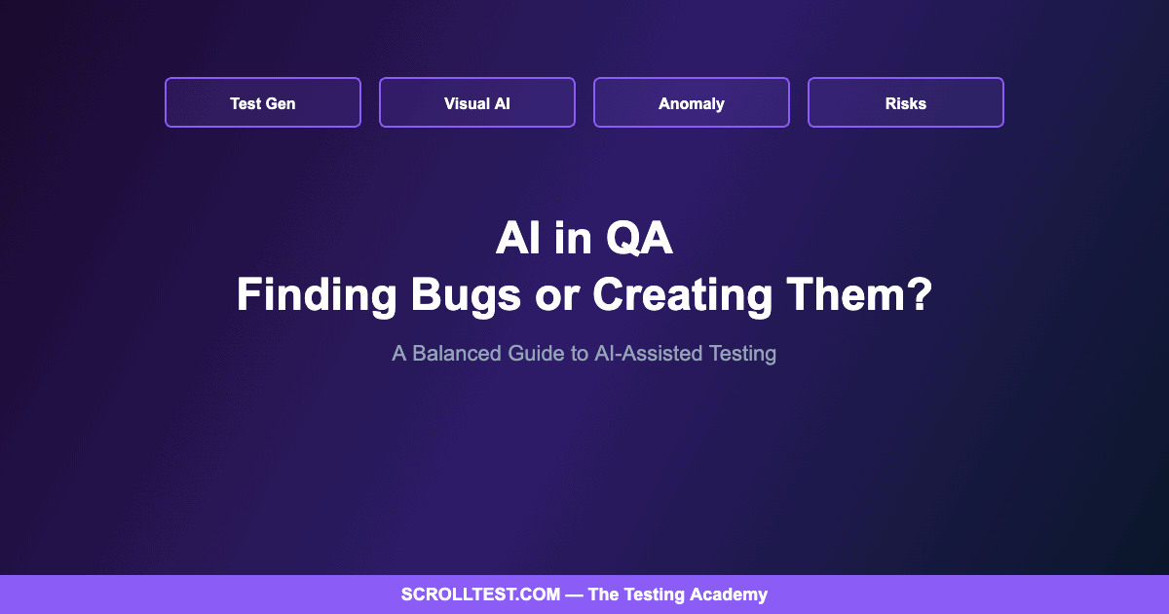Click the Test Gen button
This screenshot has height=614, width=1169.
[263, 102]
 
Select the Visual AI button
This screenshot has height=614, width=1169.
[477, 102]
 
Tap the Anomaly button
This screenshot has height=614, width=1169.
[692, 102]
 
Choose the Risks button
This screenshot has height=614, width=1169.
[906, 102]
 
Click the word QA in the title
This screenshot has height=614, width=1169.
[639, 239]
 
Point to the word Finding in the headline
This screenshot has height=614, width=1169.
[317, 294]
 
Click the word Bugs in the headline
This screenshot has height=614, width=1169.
[466, 295]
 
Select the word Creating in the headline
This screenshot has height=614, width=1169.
[683, 295]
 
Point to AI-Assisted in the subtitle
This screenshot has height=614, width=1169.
[649, 354]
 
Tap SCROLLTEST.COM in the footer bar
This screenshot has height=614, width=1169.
[480, 595]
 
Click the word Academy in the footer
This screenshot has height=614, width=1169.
[729, 595]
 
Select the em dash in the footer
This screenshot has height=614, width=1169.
[574, 595]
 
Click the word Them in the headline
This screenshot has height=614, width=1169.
[845, 294]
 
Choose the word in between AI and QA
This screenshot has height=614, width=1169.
[573, 239]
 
